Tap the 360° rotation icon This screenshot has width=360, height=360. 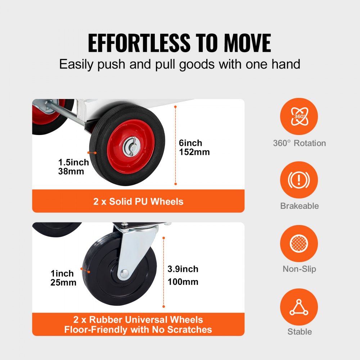299,117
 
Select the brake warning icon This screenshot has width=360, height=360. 299,180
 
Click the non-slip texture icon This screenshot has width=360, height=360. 299,243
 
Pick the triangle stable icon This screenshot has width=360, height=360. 299,307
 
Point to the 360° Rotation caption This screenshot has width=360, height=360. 299,143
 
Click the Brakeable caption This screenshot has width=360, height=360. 299,206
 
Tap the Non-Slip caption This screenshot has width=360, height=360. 299,269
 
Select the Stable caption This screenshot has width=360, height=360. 299,332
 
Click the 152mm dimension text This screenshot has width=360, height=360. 194,152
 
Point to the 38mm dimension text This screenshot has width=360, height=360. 71,171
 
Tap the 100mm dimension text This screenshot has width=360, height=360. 183,282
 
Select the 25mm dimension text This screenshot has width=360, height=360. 63,283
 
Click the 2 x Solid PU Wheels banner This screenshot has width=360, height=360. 138,201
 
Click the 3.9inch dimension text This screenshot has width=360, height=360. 183,269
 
